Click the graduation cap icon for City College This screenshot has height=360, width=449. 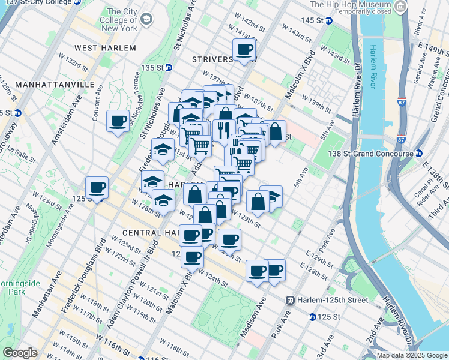point(146,22)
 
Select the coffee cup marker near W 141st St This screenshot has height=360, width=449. point(244,50)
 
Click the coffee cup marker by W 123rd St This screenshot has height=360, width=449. point(97,188)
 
